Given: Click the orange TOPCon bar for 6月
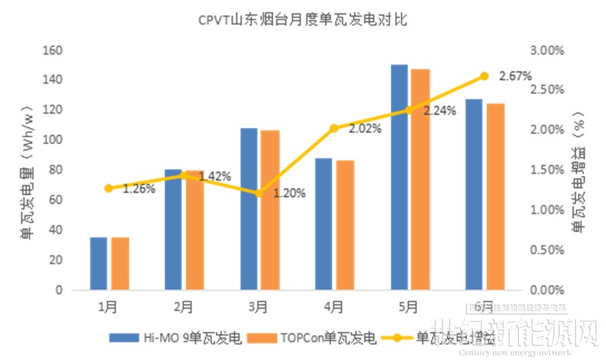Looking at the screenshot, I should coord(495,197).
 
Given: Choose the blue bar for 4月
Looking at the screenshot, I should coord(324,224).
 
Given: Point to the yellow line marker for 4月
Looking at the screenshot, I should coord(334,128).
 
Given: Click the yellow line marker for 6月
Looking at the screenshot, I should coord(484,76).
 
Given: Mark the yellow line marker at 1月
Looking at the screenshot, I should coord(108,188).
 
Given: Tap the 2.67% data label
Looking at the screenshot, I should coord(515,77).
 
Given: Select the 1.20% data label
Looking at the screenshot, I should coord(289,193).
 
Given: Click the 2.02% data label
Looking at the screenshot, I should coord(364,129).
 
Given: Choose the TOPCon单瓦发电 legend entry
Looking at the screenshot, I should coord(314,337).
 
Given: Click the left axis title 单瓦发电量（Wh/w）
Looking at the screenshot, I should coord(27,171).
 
